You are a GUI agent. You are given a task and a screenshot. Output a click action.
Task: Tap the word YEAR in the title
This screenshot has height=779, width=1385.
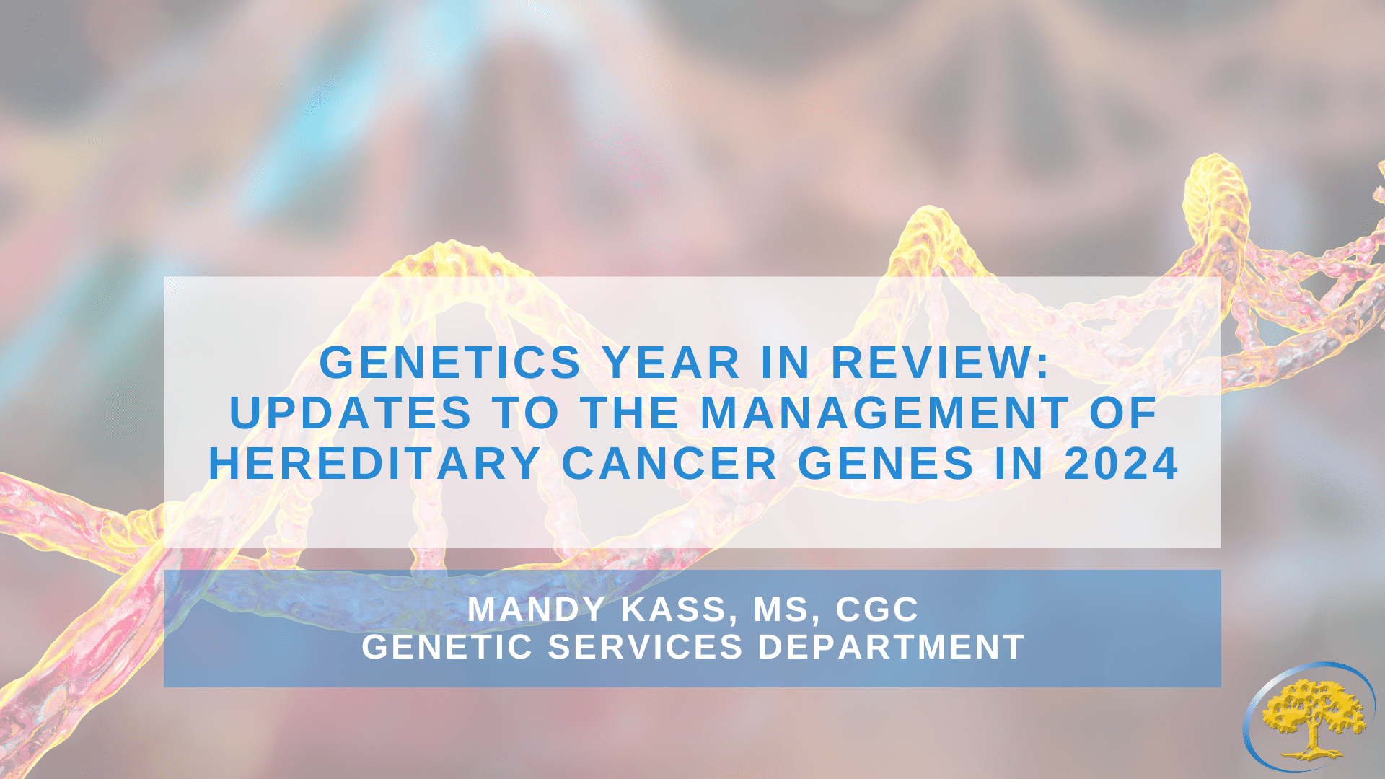[672, 362]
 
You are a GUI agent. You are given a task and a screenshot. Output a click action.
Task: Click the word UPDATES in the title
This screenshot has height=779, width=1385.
[351, 413]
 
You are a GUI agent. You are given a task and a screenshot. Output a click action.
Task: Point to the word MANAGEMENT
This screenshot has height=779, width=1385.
[884, 413]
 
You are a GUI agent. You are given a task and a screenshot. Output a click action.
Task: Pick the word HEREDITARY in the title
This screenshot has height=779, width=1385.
[374, 463]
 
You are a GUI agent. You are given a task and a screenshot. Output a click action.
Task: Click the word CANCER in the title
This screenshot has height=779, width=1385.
[669, 463]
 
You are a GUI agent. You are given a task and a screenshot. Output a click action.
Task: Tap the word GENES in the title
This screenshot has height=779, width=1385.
[886, 463]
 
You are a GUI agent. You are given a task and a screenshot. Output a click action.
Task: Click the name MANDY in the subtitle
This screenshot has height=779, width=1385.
[536, 609]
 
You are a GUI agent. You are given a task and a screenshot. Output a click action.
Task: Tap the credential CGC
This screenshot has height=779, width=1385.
[877, 609]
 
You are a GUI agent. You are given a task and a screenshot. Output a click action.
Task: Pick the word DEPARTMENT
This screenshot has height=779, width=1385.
[891, 647]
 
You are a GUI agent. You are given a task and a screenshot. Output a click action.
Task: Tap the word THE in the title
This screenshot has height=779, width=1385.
[630, 413]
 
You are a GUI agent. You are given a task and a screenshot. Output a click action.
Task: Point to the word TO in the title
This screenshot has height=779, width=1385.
[527, 413]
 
